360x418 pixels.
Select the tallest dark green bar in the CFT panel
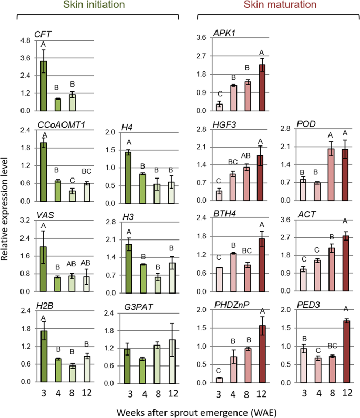pos(44,86)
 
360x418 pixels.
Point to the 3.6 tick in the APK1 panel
pos(200,38)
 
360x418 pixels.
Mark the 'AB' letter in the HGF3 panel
pos(246,155)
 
